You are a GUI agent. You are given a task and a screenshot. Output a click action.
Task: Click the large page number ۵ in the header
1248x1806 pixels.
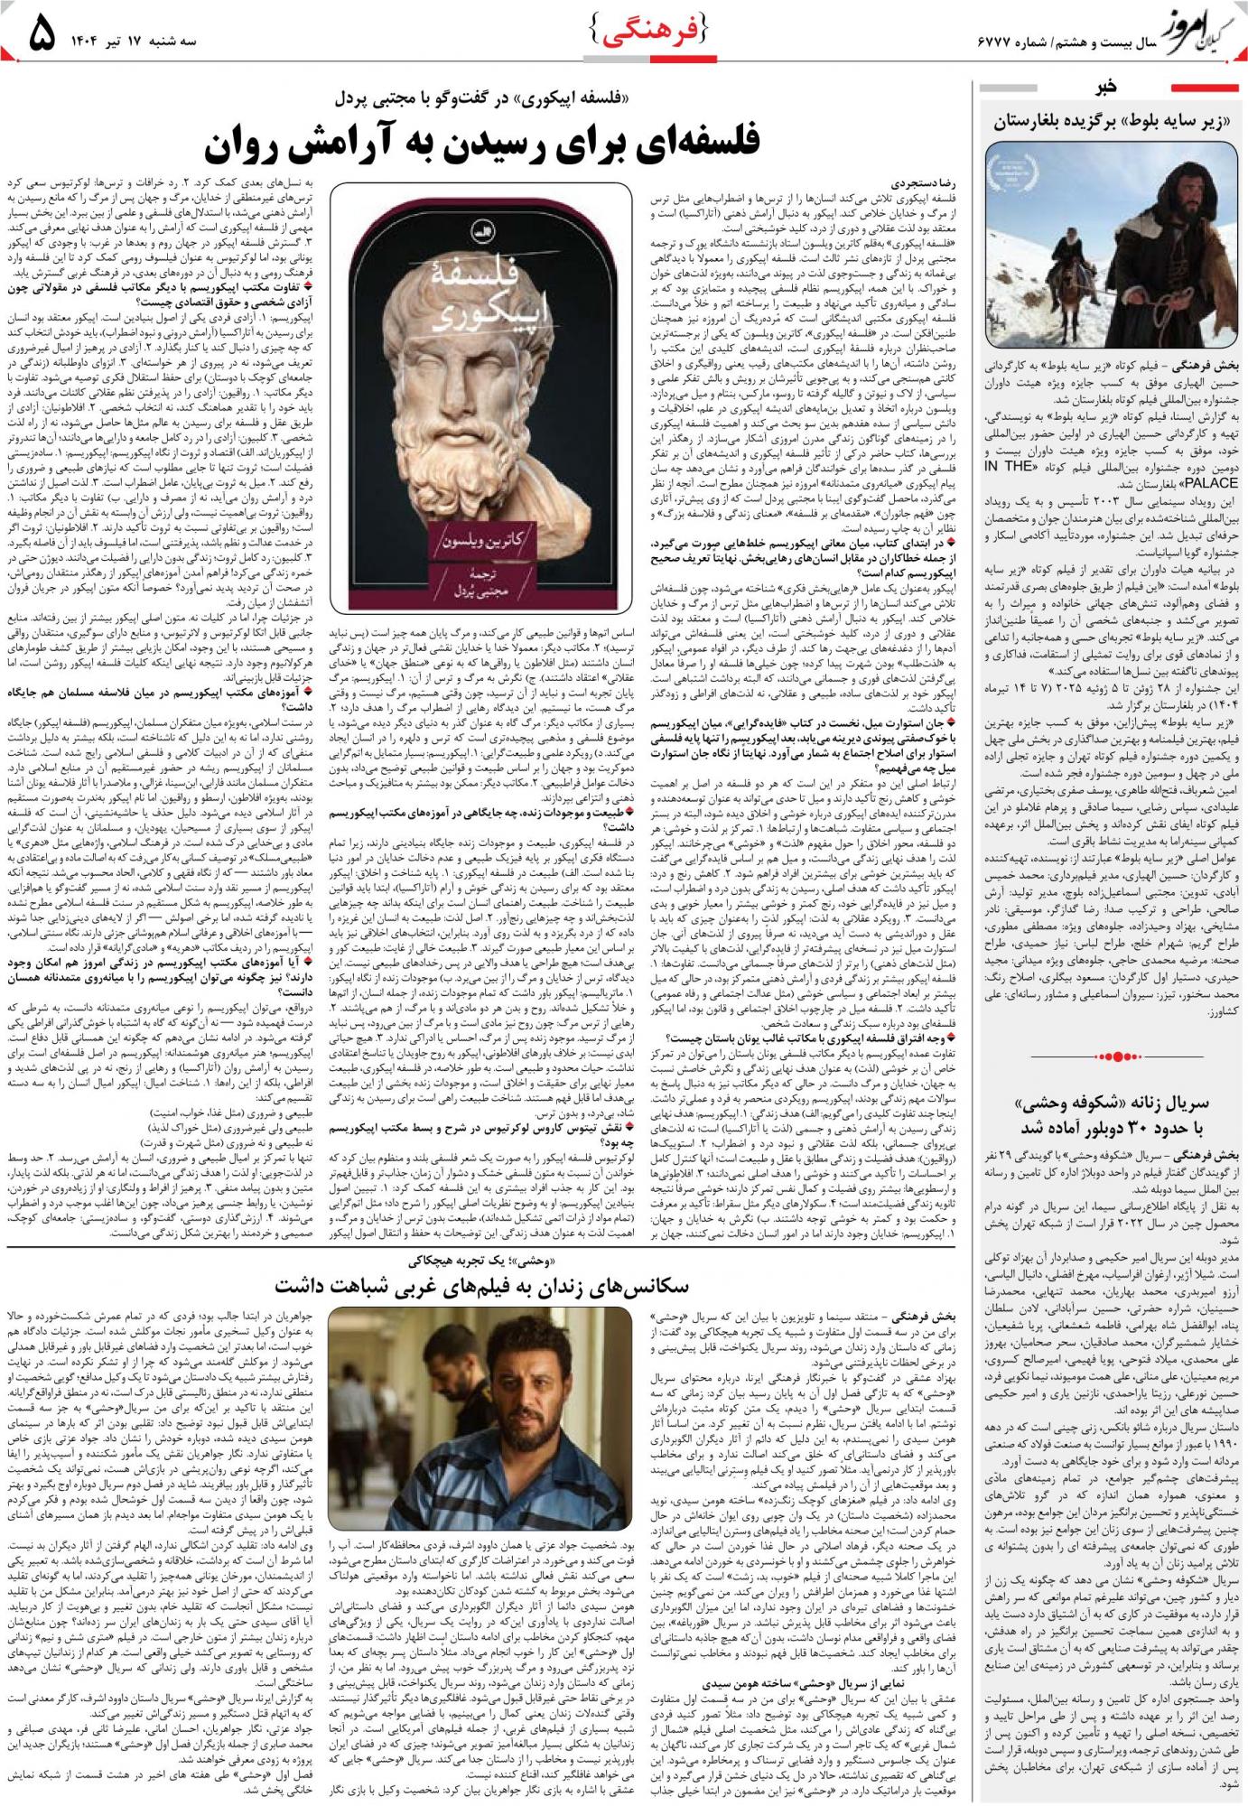point(41,37)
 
